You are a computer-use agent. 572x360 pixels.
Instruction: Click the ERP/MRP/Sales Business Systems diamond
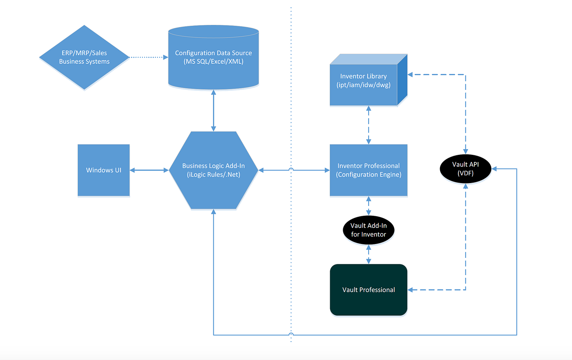coord(84,57)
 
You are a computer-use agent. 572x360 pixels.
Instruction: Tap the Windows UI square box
coord(104,170)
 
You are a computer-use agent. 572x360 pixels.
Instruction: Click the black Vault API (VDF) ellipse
coord(465,168)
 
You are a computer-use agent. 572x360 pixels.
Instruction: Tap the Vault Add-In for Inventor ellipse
coord(369,230)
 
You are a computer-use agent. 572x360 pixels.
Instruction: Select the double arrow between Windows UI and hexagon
coord(149,170)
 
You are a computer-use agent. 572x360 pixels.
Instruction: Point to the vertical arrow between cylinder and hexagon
coord(213,110)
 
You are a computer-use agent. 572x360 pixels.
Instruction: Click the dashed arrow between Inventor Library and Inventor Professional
coord(369,125)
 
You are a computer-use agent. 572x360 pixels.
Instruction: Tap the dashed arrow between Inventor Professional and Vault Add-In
coord(369,206)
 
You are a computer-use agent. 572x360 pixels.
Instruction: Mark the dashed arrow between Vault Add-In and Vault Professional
coord(369,254)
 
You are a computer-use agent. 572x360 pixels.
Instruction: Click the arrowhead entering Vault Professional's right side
coord(411,290)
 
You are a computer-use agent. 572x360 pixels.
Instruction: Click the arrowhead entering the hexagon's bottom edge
coord(213,212)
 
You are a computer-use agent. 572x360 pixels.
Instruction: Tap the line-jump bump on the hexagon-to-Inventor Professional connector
coord(291,169)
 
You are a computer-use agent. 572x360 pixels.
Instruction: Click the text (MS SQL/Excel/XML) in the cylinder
coord(213,62)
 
